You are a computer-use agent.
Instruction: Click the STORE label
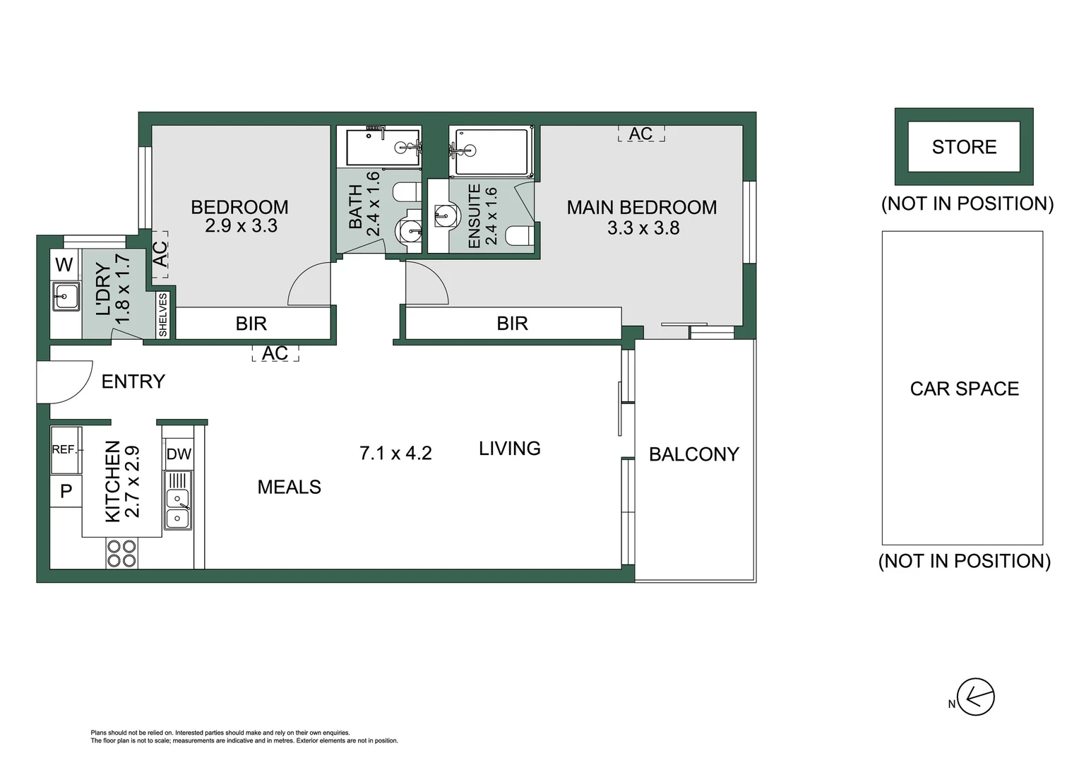tap(964, 147)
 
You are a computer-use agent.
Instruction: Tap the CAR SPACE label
tap(964, 389)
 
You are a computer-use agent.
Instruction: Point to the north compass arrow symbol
tap(975, 697)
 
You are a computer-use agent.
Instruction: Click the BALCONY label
tap(693, 454)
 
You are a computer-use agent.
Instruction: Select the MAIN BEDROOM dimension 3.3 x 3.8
tap(643, 228)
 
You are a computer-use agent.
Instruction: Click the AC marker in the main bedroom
tap(640, 134)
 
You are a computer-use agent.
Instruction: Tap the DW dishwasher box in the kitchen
tap(179, 454)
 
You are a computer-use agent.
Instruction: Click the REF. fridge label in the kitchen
tap(64, 449)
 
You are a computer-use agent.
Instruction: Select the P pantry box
tap(66, 491)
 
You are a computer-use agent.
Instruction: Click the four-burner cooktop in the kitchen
tap(121, 553)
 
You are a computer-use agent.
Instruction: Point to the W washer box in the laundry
tap(64, 265)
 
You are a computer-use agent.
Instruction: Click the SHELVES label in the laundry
tap(163, 315)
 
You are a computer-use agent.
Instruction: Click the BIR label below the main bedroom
tap(512, 324)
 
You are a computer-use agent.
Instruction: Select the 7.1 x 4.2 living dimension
tap(395, 453)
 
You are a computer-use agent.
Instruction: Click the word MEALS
tap(289, 487)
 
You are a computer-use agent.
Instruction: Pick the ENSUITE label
tap(475, 216)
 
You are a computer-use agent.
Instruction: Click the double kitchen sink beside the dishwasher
tap(177, 509)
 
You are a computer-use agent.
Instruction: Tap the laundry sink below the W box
tap(66, 296)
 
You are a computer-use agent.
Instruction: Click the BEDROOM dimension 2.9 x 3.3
tap(241, 226)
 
